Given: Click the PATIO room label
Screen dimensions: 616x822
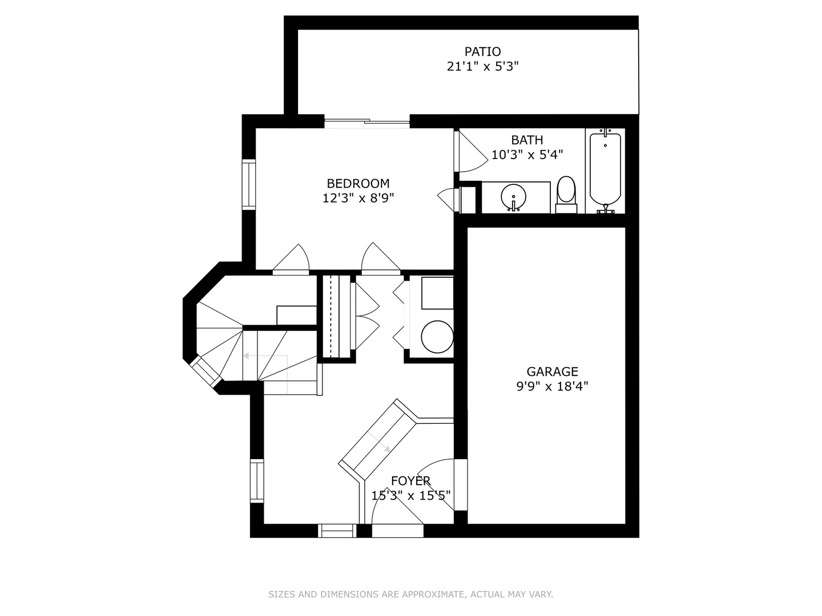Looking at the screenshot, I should [x=482, y=51].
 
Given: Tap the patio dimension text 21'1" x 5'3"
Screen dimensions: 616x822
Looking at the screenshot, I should [x=482, y=67].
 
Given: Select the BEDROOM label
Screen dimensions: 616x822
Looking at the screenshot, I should [x=358, y=183].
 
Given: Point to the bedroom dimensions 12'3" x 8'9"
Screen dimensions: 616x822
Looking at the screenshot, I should [x=358, y=198].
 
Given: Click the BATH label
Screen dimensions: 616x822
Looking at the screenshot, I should [x=527, y=140].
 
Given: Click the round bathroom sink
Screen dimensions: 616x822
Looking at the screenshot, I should [x=513, y=197].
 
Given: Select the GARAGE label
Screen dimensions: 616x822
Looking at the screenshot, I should [x=552, y=371].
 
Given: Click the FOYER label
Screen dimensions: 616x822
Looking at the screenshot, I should [x=410, y=481].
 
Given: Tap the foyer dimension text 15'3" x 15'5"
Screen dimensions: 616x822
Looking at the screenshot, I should [x=410, y=495].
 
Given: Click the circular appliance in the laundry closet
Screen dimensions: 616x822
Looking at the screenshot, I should [x=437, y=337].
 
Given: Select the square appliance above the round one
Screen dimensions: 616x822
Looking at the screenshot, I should [x=437, y=293].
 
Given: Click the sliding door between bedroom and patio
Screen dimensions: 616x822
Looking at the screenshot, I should [x=367, y=121].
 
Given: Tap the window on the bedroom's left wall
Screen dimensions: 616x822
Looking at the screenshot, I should [x=249, y=184].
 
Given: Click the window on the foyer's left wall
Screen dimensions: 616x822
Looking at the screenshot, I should [x=257, y=480].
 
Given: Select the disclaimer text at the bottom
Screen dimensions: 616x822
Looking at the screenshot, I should [x=410, y=594].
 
